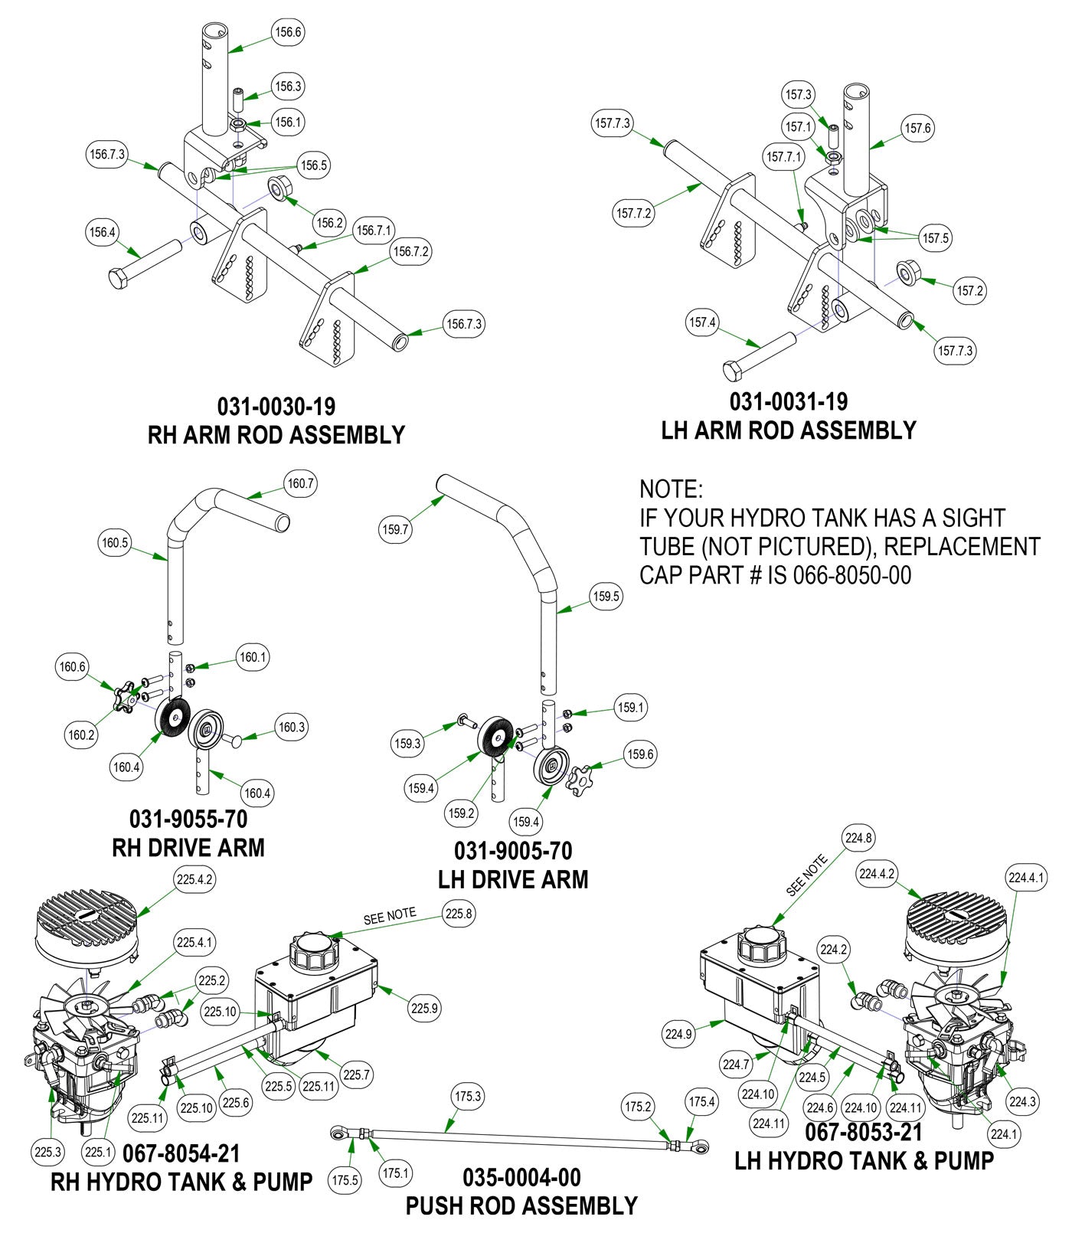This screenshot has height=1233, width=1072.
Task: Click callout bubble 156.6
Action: tap(288, 32)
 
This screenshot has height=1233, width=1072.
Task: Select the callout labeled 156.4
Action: tap(102, 232)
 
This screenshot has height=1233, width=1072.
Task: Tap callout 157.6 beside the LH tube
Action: tap(917, 128)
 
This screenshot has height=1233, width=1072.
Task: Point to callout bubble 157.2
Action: tap(969, 290)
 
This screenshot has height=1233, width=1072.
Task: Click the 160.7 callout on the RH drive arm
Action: tap(300, 484)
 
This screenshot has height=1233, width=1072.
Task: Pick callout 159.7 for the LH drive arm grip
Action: tap(395, 529)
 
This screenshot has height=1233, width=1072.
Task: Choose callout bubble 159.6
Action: tap(640, 754)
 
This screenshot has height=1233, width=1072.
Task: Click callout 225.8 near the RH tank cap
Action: tap(459, 913)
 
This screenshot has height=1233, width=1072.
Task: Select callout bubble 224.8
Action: tap(858, 838)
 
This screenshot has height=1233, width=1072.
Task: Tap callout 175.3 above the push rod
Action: tap(467, 1097)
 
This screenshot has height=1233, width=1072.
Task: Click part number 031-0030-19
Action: tap(276, 405)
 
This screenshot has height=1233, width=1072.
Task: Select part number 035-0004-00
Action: tap(521, 1177)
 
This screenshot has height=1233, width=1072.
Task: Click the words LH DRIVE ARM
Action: tap(513, 879)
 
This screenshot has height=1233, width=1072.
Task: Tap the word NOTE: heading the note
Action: tap(671, 489)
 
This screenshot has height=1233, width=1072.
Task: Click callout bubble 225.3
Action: tap(48, 1151)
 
